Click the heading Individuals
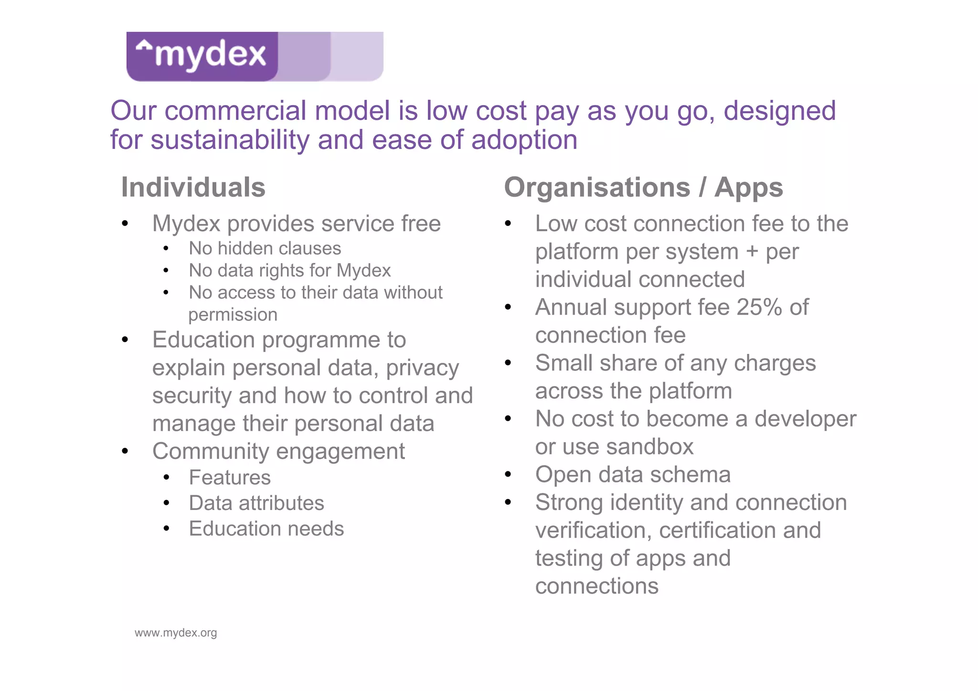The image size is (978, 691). pyautogui.click(x=193, y=187)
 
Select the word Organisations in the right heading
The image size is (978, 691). pyautogui.click(x=597, y=187)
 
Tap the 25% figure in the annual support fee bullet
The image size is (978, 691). pyautogui.click(x=759, y=307)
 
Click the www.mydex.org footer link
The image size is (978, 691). pyautogui.click(x=176, y=633)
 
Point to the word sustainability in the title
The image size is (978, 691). pyautogui.click(x=230, y=140)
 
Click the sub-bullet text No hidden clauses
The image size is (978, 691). pyautogui.click(x=265, y=248)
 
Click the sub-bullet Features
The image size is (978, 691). pyautogui.click(x=230, y=478)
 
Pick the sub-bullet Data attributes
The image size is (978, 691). pyautogui.click(x=256, y=503)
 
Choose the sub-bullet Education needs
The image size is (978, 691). pyautogui.click(x=266, y=529)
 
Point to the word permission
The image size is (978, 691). pyautogui.click(x=233, y=315)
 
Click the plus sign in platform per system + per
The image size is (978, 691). pyautogui.click(x=752, y=252)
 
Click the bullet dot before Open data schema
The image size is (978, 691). pyautogui.click(x=508, y=475)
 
